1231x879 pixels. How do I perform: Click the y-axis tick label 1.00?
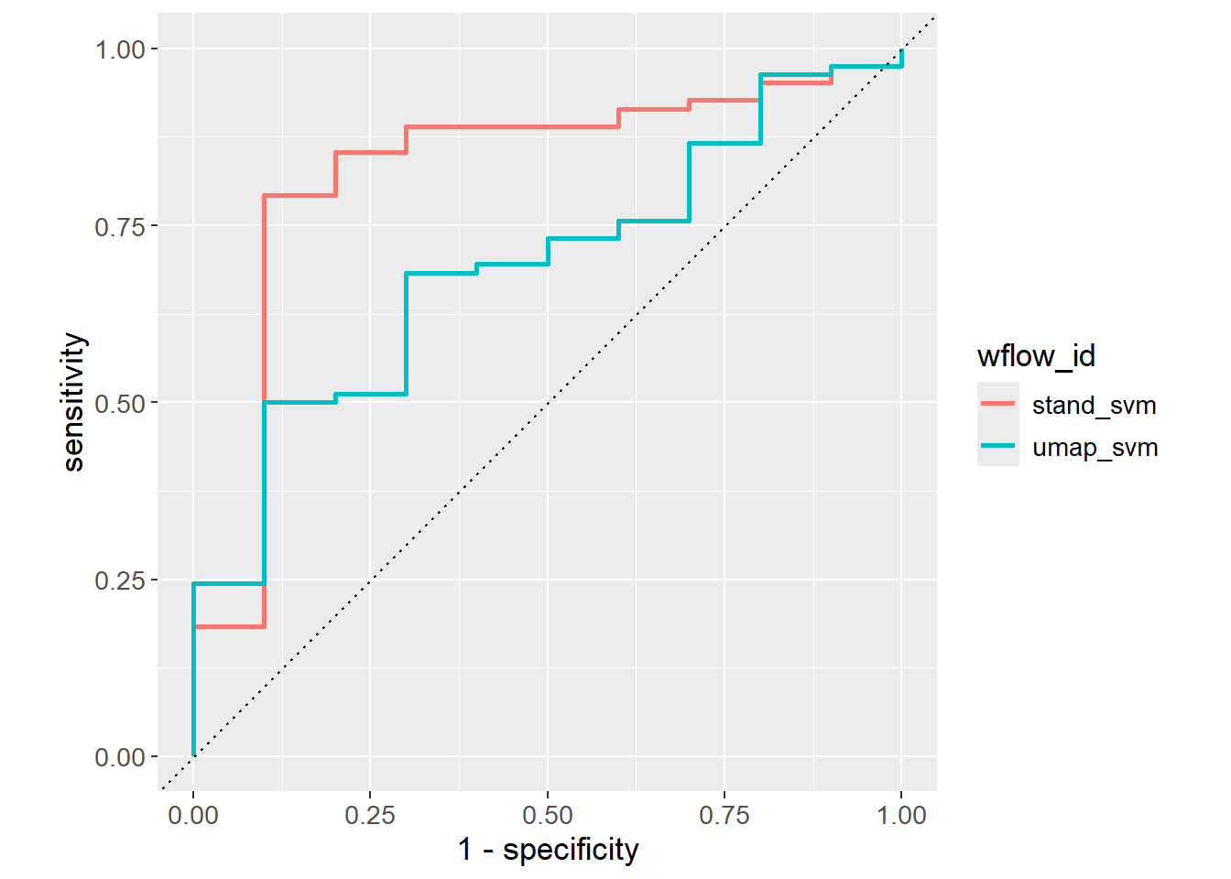(120, 49)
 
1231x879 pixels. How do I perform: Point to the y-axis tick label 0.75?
(120, 226)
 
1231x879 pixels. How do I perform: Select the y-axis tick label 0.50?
(120, 403)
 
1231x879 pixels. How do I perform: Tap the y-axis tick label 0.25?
(120, 581)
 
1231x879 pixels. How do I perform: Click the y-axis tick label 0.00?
(120, 757)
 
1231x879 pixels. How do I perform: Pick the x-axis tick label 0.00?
(193, 815)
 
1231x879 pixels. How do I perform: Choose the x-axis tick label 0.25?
(370, 815)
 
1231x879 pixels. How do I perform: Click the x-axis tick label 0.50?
(548, 815)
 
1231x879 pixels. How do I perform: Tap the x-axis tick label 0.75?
(724, 815)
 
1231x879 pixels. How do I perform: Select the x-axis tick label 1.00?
(901, 815)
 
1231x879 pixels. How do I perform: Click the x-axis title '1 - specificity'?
(548, 850)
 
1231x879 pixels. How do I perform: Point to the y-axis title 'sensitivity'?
(73, 403)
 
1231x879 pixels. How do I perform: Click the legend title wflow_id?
(1036, 355)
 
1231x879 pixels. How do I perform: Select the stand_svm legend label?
(1094, 405)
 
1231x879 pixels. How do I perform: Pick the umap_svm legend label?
(1095, 448)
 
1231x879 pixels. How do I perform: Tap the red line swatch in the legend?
(997, 404)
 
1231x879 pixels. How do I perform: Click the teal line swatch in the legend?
(997, 446)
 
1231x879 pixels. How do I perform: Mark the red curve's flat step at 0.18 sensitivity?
(229, 627)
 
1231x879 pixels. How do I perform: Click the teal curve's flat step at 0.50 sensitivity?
(300, 402)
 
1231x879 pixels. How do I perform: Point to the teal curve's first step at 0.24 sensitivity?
(229, 584)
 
